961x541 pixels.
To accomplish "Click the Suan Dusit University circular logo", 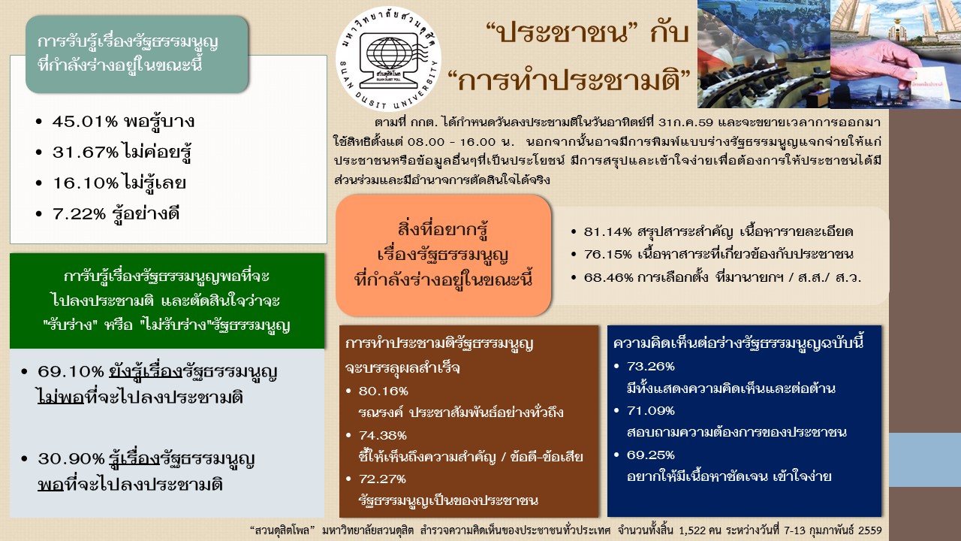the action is tap(388, 59).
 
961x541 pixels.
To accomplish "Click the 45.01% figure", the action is tap(85, 122).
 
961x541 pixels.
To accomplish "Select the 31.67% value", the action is tap(85, 152).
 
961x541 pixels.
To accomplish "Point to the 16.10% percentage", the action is tap(85, 183).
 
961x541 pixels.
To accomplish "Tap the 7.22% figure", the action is tap(79, 214).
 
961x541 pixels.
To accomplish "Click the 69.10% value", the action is tap(71, 371).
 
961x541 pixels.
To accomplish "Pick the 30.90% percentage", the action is tap(71, 459).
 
